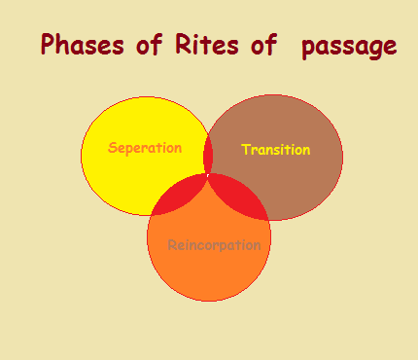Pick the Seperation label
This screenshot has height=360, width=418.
tap(145, 149)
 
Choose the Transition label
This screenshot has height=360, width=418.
tap(275, 150)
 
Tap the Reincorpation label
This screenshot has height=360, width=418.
tap(214, 245)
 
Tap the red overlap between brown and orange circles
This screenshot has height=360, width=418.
tap(243, 198)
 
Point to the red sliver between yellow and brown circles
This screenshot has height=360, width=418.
tap(208, 156)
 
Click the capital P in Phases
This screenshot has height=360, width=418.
tap(48, 46)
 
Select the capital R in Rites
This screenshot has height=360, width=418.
tap(182, 46)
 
